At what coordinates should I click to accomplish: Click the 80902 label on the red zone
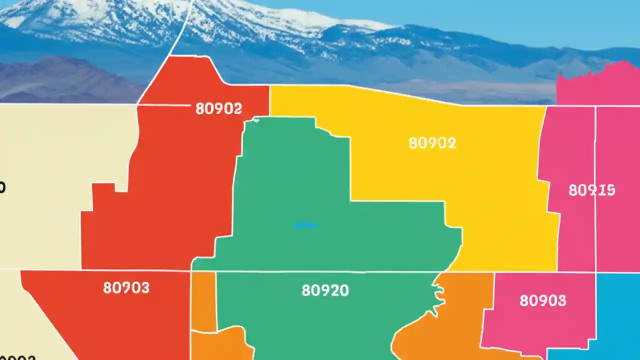pos(218,108)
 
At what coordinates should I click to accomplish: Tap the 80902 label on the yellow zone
pos(432,143)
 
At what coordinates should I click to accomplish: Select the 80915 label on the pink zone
pos(591,190)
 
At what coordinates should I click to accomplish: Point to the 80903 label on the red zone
pos(126,287)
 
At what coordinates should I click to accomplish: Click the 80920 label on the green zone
pos(325,290)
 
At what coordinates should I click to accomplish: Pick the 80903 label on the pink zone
pos(542,300)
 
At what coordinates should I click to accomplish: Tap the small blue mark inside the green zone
pos(305,225)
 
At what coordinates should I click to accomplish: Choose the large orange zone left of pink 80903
pos(450,320)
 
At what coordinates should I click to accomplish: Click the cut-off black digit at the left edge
pos(2,187)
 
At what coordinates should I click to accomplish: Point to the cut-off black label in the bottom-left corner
pos(17,357)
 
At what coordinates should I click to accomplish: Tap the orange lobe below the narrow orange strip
pos(220,345)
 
